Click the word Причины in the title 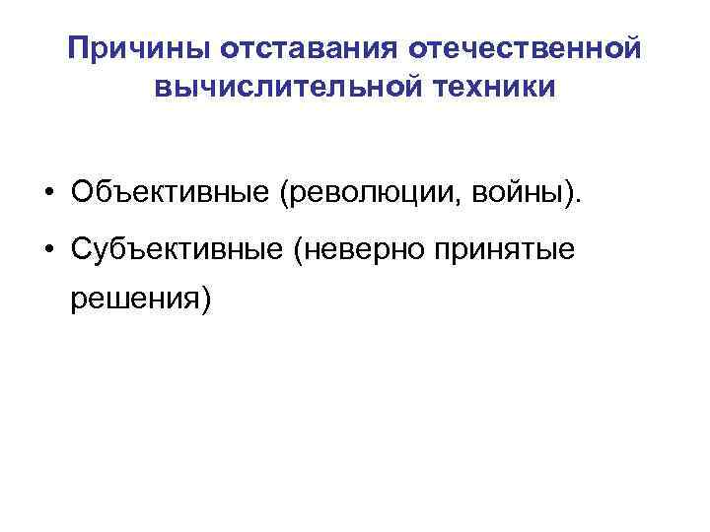point(140,47)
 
